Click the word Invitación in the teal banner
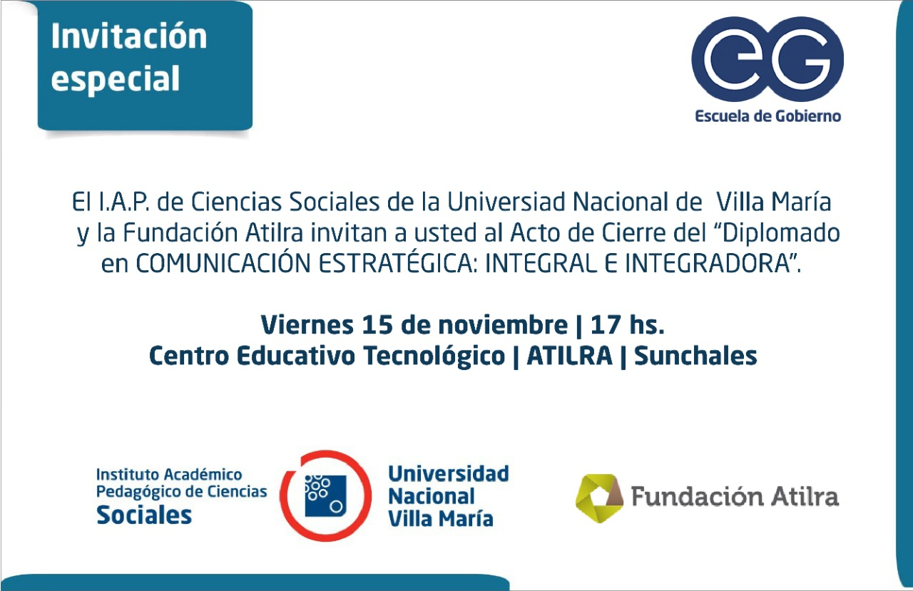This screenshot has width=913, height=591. [x=129, y=36]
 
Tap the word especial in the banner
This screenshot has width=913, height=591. [x=116, y=78]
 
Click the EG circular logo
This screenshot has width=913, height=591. [x=767, y=59]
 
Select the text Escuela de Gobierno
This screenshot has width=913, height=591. [x=768, y=116]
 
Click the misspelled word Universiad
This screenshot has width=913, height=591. [x=506, y=202]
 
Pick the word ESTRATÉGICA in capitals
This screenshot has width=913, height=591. [x=396, y=264]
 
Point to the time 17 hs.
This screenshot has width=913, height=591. [x=628, y=325]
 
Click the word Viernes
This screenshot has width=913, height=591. [x=307, y=325]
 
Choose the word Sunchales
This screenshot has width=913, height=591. [x=695, y=356]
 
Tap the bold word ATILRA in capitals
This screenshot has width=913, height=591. [x=569, y=356]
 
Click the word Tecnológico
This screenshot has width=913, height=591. [x=434, y=356]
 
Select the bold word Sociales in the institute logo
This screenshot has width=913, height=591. [x=144, y=515]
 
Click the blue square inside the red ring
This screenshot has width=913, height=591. [x=326, y=495]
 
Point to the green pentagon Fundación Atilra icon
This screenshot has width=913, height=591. [x=599, y=498]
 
